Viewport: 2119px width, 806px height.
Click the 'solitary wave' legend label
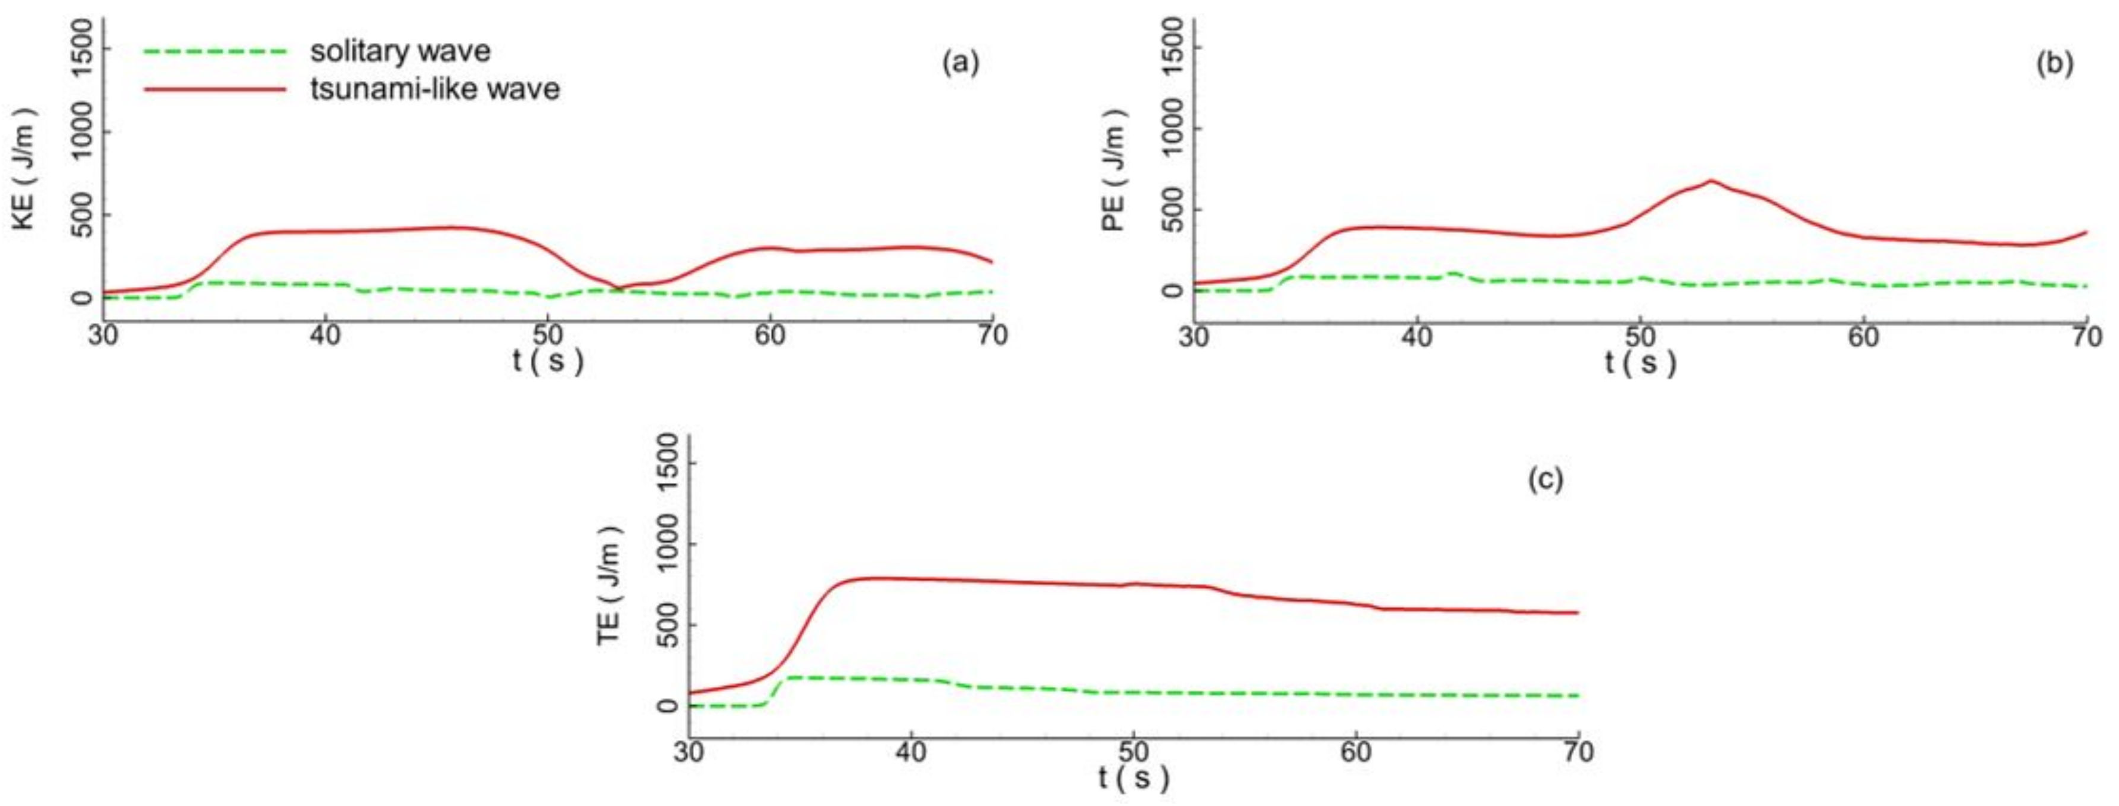[x=400, y=51]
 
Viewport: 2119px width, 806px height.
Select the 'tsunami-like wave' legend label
[x=435, y=88]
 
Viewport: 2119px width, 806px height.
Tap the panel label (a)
[x=961, y=63]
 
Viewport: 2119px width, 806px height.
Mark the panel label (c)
[x=1545, y=479]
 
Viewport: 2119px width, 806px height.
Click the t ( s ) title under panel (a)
[x=548, y=359]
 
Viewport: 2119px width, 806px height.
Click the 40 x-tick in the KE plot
[x=326, y=336]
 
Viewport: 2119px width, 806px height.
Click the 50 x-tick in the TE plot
[x=1133, y=752]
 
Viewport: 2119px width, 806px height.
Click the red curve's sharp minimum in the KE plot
[x=619, y=288]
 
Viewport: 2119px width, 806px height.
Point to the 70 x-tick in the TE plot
[x=1577, y=752]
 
